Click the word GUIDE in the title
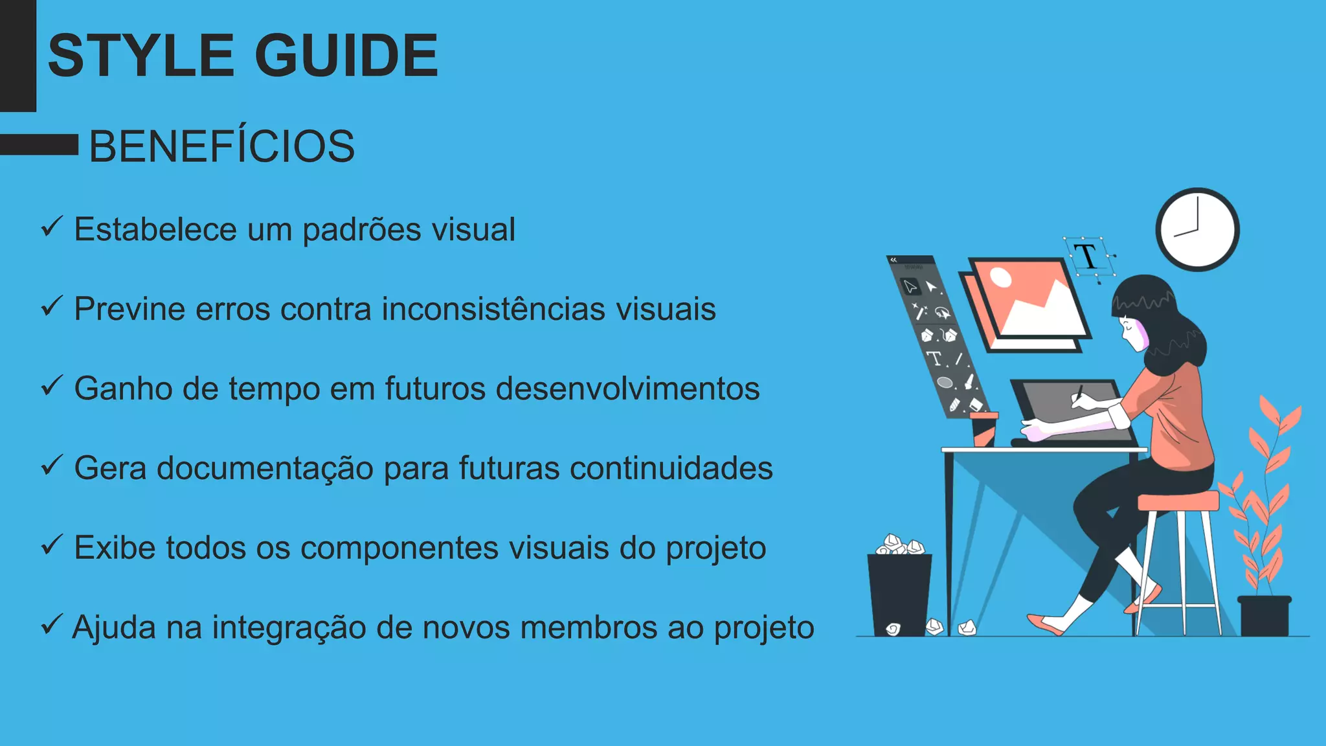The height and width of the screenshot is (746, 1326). [x=346, y=56]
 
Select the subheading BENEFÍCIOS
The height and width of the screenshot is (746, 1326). [x=221, y=146]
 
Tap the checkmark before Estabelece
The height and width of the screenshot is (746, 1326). [x=51, y=227]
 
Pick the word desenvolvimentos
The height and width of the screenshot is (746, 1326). [x=627, y=389]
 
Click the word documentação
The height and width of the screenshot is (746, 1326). [x=265, y=468]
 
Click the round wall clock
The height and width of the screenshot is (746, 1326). [x=1197, y=229]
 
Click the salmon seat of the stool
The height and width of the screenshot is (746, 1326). [x=1178, y=501]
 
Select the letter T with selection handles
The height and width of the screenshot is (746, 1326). [x=1088, y=256]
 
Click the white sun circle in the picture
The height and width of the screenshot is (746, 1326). [x=1001, y=277]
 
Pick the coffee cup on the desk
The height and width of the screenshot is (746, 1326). [x=983, y=429]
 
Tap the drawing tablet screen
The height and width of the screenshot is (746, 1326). [x=1068, y=411]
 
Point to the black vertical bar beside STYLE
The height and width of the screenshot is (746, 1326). [x=17, y=56]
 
